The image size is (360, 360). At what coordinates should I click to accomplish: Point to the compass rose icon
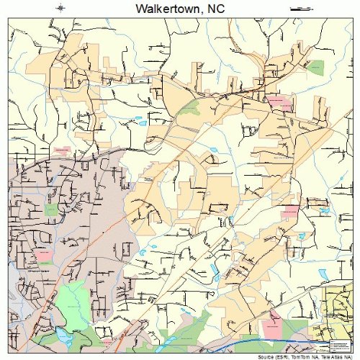(x=63, y=9)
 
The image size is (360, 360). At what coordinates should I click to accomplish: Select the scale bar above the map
(x=297, y=9)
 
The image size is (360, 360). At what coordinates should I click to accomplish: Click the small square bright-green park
(x=50, y=209)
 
